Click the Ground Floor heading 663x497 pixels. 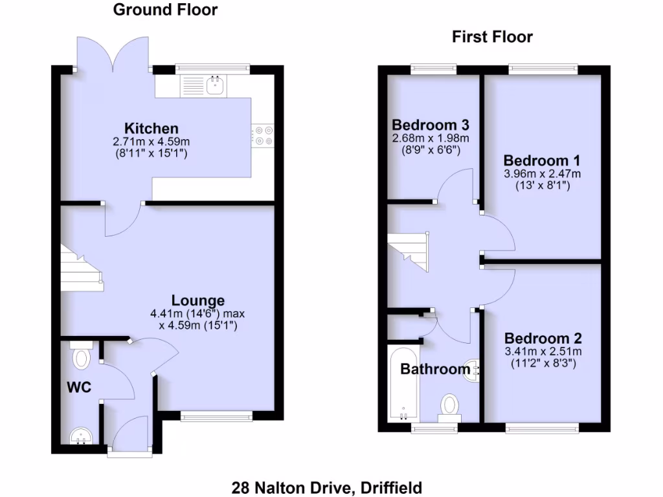165,10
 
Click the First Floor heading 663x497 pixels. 492,37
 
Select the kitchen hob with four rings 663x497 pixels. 263,135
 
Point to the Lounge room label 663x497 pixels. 198,300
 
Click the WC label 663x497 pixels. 79,388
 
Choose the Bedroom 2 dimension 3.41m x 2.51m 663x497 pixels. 543,351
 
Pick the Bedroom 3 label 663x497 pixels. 431,124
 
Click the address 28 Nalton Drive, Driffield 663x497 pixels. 327,487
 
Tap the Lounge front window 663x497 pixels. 216,415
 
